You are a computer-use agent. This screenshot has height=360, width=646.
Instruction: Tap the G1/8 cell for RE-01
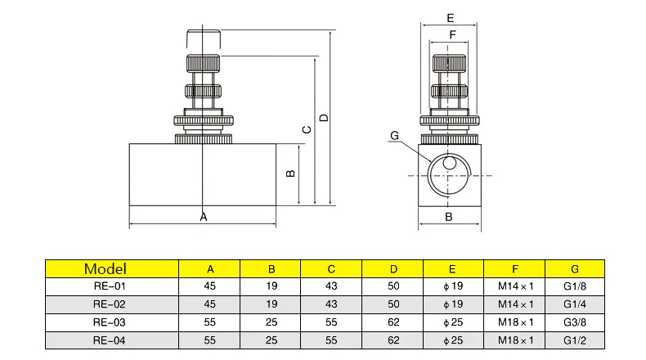(575, 286)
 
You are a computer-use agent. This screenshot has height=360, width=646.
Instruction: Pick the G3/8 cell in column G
(575, 322)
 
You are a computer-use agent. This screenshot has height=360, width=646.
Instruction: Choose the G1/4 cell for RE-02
(575, 304)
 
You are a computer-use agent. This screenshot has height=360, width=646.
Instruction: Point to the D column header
(393, 268)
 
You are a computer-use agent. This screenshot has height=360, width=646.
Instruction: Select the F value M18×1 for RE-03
(516, 322)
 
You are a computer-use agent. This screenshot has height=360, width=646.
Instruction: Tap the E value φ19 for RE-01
(454, 286)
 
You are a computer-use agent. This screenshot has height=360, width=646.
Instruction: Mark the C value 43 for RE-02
(331, 304)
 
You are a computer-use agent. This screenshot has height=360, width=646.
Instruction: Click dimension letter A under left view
(204, 217)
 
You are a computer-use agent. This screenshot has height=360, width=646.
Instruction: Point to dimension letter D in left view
(324, 118)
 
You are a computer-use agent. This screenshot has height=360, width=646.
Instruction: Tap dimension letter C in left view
(307, 129)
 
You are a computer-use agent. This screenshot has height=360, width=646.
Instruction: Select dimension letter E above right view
(451, 17)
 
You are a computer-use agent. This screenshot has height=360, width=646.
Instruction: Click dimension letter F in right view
(451, 34)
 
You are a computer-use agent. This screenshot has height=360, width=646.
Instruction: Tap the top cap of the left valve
(203, 40)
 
